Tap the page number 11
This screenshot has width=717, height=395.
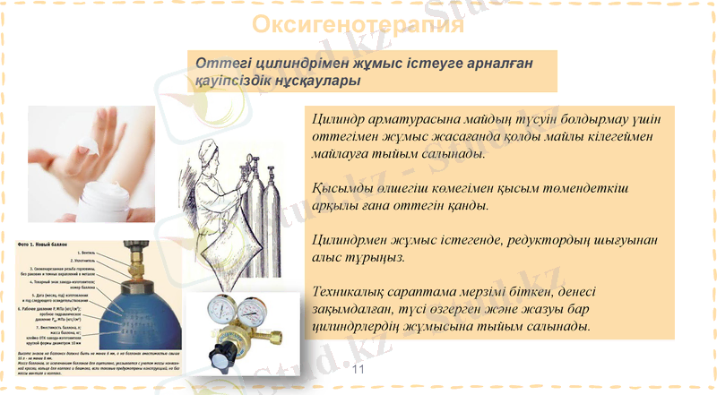pyautogui.click(x=358, y=370)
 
